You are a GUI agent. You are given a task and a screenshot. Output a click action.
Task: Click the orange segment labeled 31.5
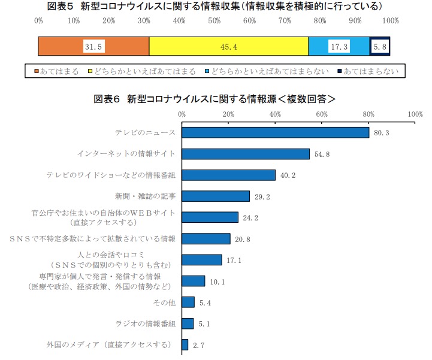tap(93, 46)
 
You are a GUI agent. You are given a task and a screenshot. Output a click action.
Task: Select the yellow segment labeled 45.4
tap(228, 46)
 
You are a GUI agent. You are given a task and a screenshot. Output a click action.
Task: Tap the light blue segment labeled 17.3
tap(339, 46)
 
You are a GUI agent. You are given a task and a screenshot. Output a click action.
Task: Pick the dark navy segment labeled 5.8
tap(380, 46)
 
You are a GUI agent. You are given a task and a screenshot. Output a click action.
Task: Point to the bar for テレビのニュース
tap(275, 132)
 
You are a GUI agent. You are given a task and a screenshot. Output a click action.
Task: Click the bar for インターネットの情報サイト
tap(246, 154)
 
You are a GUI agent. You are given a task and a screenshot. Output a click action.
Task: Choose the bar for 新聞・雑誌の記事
tap(216, 196)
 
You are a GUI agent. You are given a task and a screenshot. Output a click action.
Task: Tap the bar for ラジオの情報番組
tap(188, 323)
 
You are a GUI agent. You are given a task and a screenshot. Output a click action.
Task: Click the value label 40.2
tap(289, 175)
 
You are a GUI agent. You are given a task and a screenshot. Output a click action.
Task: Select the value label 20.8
tap(243, 239)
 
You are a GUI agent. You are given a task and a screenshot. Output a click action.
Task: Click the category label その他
tap(165, 302)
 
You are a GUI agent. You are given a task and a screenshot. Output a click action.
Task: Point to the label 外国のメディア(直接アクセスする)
tap(111, 345)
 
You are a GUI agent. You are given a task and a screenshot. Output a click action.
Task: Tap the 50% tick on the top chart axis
tap(215, 22)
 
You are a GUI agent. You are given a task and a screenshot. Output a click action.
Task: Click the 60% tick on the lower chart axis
tap(322, 113)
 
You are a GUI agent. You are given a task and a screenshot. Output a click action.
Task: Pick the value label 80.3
tap(382, 132)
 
